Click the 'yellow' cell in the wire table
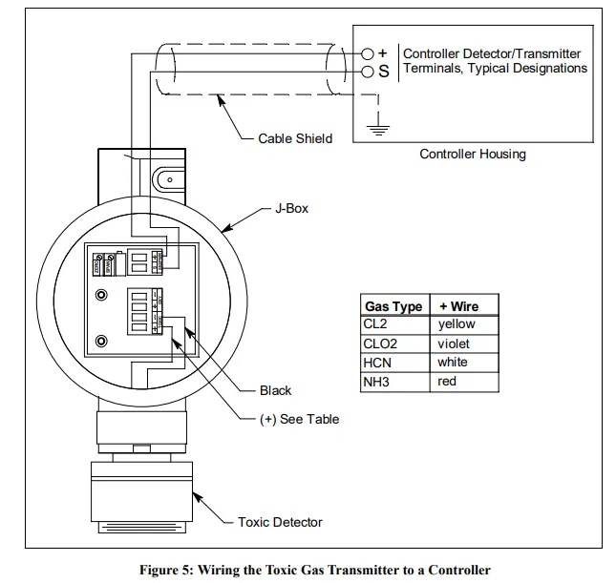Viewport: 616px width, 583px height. (457, 324)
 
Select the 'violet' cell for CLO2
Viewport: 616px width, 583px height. (454, 344)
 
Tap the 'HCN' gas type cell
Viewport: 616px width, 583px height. (376, 363)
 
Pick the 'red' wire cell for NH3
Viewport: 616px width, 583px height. (447, 382)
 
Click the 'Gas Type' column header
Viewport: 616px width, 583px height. (393, 306)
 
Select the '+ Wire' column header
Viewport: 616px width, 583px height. (458, 306)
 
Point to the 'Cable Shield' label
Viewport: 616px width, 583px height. (295, 138)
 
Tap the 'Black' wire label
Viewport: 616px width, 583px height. (275, 390)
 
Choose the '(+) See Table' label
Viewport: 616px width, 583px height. (299, 419)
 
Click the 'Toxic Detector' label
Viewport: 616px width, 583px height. (280, 522)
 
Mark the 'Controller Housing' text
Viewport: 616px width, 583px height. (473, 154)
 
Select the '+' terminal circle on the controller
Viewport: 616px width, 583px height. (367, 53)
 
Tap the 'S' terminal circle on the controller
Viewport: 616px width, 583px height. (367, 72)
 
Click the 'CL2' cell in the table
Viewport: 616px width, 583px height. (375, 324)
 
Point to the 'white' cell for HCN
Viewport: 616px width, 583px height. (453, 363)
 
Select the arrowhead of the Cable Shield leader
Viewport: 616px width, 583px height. (220, 96)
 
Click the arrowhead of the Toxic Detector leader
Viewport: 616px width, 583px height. (195, 494)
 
